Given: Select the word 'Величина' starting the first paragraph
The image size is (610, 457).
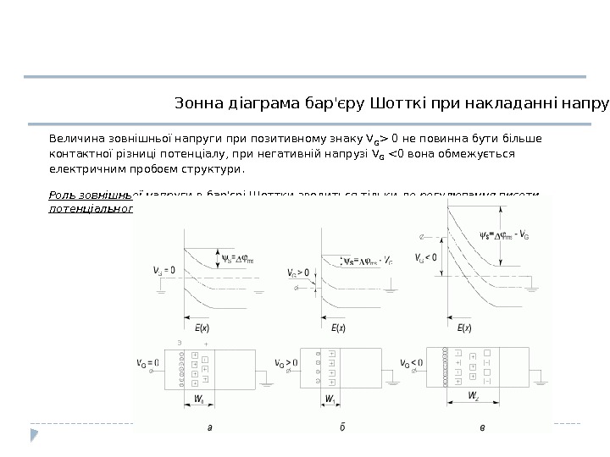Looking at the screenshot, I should click(79, 139).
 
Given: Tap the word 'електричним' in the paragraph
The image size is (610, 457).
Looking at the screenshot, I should click(90, 169).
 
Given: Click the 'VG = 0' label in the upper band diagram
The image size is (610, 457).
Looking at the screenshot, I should click(165, 271).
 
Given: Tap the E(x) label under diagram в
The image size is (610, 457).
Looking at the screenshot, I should click(463, 328).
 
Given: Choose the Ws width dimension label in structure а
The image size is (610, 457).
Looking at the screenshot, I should click(198, 397).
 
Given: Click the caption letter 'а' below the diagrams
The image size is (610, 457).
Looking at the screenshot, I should click(209, 428).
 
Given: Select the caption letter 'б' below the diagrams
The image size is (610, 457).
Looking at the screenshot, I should click(341, 428).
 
